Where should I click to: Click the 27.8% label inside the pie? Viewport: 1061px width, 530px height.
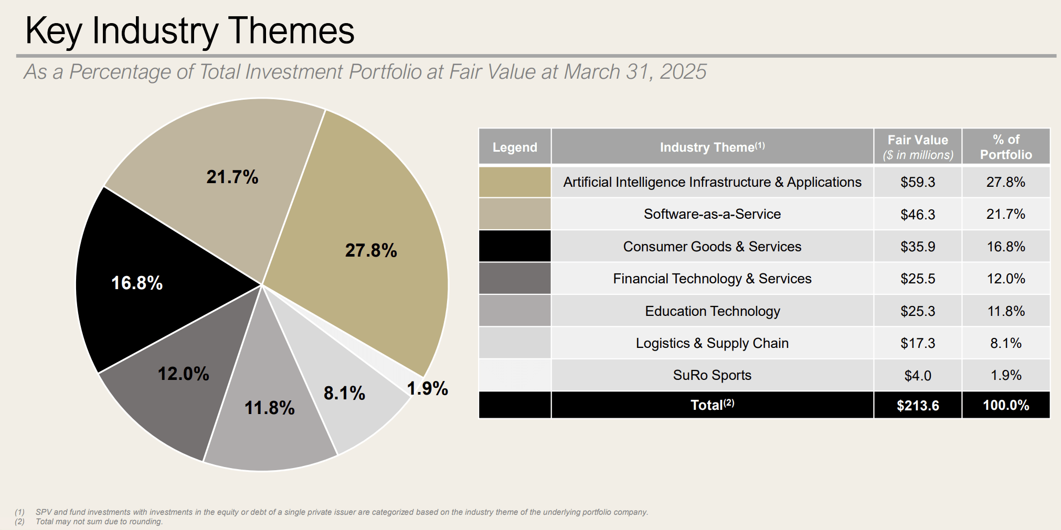370,250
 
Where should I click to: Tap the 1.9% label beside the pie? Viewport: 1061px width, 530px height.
427,389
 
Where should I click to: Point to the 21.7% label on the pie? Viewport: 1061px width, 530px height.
232,177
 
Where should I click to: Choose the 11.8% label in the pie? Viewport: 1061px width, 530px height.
269,408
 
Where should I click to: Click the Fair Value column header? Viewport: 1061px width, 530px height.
917,147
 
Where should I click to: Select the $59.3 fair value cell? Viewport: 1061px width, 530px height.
917,182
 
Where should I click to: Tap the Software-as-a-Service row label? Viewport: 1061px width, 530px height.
712,214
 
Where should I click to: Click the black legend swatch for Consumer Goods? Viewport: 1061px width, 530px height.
515,246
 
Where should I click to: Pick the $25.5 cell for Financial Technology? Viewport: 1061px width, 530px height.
917,279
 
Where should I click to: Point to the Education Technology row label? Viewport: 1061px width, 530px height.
712,311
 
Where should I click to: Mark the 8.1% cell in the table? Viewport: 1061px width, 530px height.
1005,343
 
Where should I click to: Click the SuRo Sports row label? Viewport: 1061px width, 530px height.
712,375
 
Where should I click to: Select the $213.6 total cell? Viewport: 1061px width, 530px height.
917,405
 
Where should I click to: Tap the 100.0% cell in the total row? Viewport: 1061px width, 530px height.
1005,405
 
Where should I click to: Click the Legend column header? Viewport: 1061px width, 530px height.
515,147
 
